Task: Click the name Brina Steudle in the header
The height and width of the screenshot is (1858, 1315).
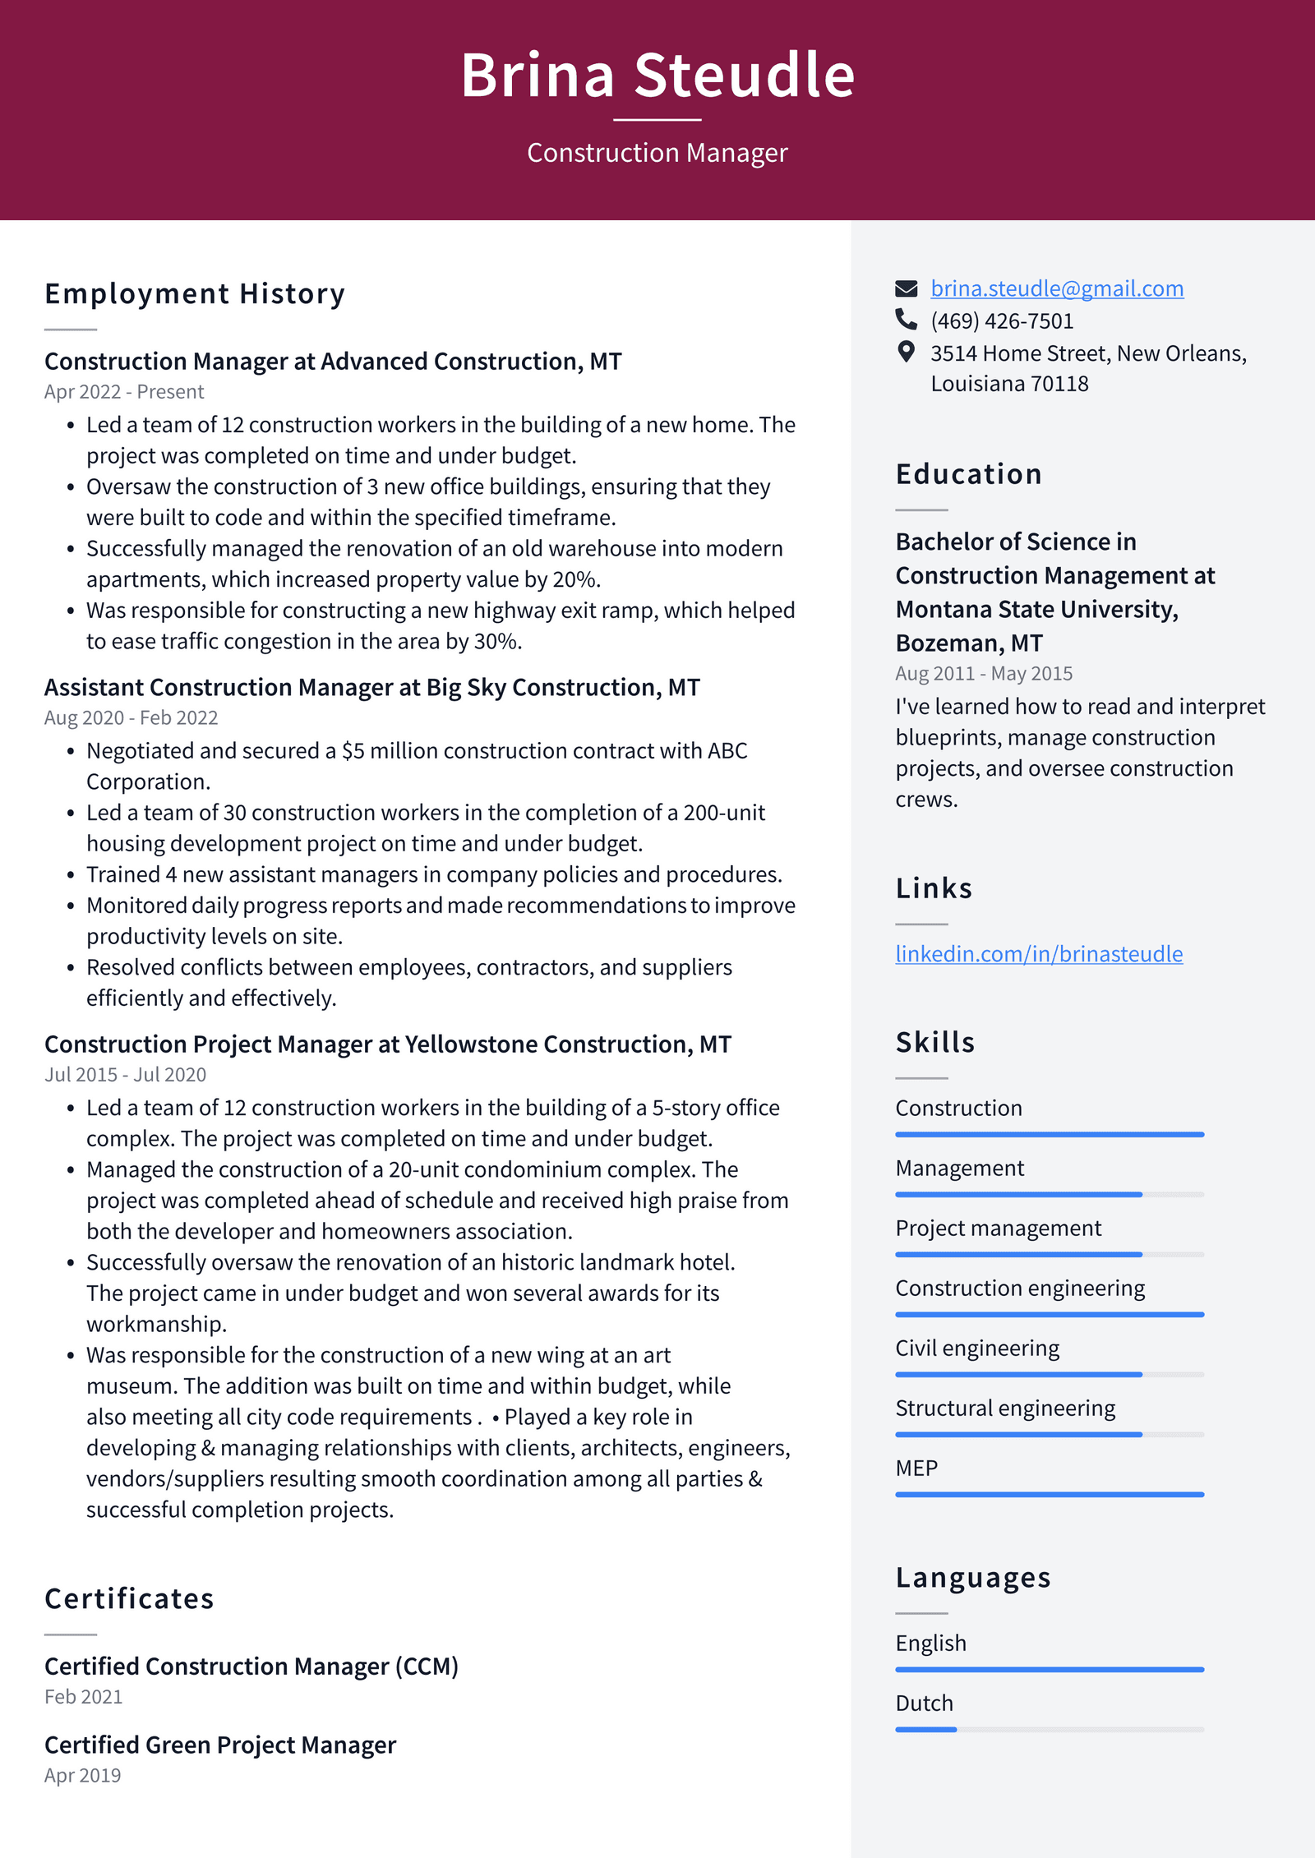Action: pos(657,75)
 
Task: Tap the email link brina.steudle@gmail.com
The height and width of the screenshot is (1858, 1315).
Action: pos(1056,288)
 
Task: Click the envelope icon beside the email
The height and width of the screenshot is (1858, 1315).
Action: pos(906,288)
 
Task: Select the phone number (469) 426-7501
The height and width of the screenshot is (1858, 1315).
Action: pos(1001,321)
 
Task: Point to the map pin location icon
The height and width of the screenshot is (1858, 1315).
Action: pos(906,353)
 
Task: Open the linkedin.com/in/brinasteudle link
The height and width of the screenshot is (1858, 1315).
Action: pos(1038,954)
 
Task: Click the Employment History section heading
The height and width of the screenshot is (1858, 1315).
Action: pos(195,293)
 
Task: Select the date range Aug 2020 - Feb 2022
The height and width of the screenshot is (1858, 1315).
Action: pos(131,717)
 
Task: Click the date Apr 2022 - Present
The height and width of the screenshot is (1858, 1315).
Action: pos(124,392)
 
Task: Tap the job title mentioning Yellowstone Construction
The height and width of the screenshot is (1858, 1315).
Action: pos(387,1044)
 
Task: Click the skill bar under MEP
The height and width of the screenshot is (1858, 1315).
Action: pos(1049,1494)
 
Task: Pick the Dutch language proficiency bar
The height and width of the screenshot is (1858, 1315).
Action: pos(1049,1730)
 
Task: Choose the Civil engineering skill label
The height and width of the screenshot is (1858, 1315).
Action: pos(976,1349)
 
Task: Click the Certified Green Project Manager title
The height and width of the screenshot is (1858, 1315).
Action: pos(219,1745)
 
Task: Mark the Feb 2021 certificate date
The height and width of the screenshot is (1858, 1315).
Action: pos(83,1697)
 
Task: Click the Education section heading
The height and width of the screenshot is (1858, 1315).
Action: pos(968,474)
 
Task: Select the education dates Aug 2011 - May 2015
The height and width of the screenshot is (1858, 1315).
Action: pos(983,674)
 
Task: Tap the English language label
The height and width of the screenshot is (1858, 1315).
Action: pos(930,1644)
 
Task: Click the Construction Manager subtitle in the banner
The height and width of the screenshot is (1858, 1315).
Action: pos(657,153)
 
